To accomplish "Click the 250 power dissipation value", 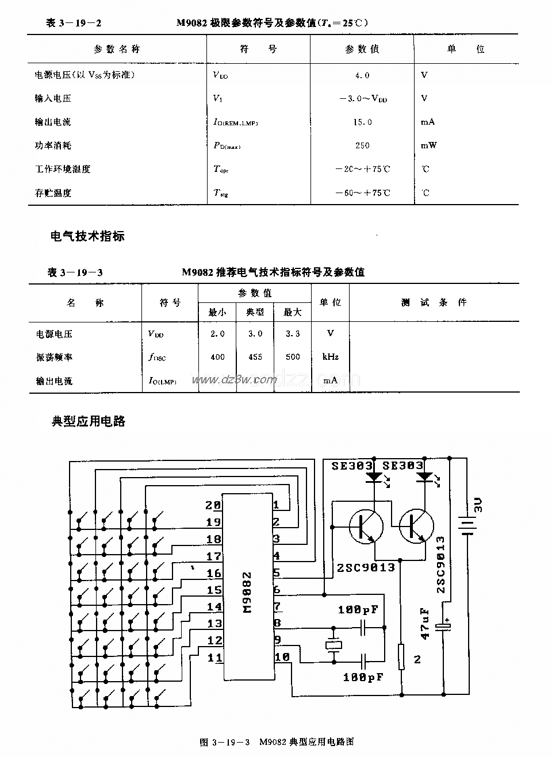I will pyautogui.click(x=362, y=145).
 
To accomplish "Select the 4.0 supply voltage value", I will pyautogui.click(x=362, y=75).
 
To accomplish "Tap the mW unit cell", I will pyautogui.click(x=428, y=145).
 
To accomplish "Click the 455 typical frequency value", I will pyautogui.click(x=255, y=357).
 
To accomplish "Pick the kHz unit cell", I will pyautogui.click(x=331, y=357).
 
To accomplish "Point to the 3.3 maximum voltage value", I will pyautogui.click(x=293, y=333).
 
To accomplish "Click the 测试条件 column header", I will pyautogui.click(x=434, y=302).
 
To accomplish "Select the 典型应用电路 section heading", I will pyautogui.click(x=89, y=421).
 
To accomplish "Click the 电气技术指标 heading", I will pyautogui.click(x=87, y=236).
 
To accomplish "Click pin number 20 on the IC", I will pyautogui.click(x=213, y=505).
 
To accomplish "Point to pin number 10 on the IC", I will pyautogui.click(x=282, y=657).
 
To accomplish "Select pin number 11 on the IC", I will pyautogui.click(x=214, y=658).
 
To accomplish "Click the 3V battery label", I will pyautogui.click(x=478, y=505).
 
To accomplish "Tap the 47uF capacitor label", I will pyautogui.click(x=425, y=624).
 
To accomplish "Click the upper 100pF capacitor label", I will pyautogui.click(x=358, y=609).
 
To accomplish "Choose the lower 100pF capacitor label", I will pyautogui.click(x=363, y=678).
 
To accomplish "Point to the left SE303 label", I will pyautogui.click(x=352, y=466).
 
